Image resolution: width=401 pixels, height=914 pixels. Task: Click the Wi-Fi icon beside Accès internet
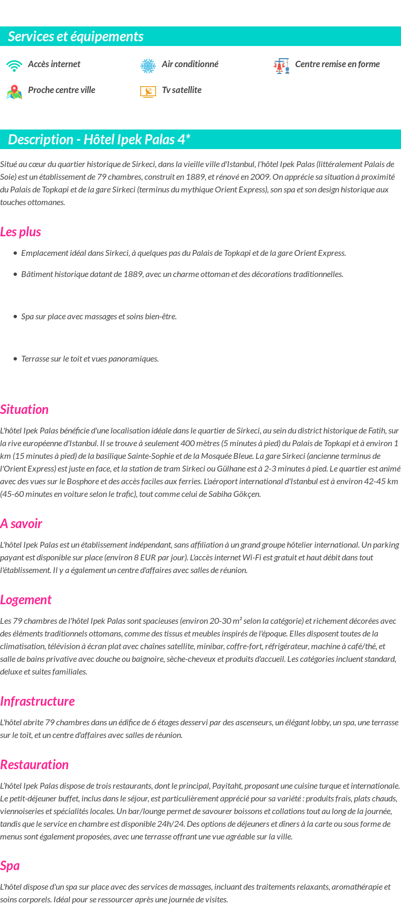pyautogui.click(x=14, y=66)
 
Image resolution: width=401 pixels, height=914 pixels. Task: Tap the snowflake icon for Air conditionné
pyautogui.click(x=148, y=66)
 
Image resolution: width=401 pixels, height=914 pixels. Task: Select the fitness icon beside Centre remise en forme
pyautogui.click(x=281, y=66)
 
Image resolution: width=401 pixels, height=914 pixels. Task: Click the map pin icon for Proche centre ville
pyautogui.click(x=14, y=92)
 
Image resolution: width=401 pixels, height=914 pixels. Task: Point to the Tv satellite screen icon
pyautogui.click(x=148, y=91)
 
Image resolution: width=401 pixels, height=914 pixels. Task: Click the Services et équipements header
pyautogui.click(x=76, y=36)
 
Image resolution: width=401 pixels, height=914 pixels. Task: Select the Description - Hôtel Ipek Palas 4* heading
pyautogui.click(x=99, y=140)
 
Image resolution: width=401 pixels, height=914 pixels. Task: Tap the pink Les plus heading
pyautogui.click(x=21, y=232)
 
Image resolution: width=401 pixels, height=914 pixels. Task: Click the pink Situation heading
pyautogui.click(x=24, y=410)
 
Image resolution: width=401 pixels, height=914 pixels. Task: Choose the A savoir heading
pyautogui.click(x=21, y=524)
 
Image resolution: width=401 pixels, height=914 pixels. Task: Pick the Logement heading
pyautogui.click(x=26, y=600)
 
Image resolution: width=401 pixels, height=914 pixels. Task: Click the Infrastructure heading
pyautogui.click(x=38, y=701)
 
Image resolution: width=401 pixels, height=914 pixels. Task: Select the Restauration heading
pyautogui.click(x=34, y=765)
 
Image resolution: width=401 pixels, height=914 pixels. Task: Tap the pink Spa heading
pyautogui.click(x=10, y=866)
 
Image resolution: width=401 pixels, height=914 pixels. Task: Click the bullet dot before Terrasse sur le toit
pyautogui.click(x=15, y=358)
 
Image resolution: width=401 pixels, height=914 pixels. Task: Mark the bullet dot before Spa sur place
pyautogui.click(x=15, y=316)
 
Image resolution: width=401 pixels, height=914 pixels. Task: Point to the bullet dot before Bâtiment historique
pyautogui.click(x=15, y=274)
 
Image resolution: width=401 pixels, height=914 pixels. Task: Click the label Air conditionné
pyautogui.click(x=190, y=64)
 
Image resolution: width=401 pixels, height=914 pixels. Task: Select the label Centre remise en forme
pyautogui.click(x=338, y=64)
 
